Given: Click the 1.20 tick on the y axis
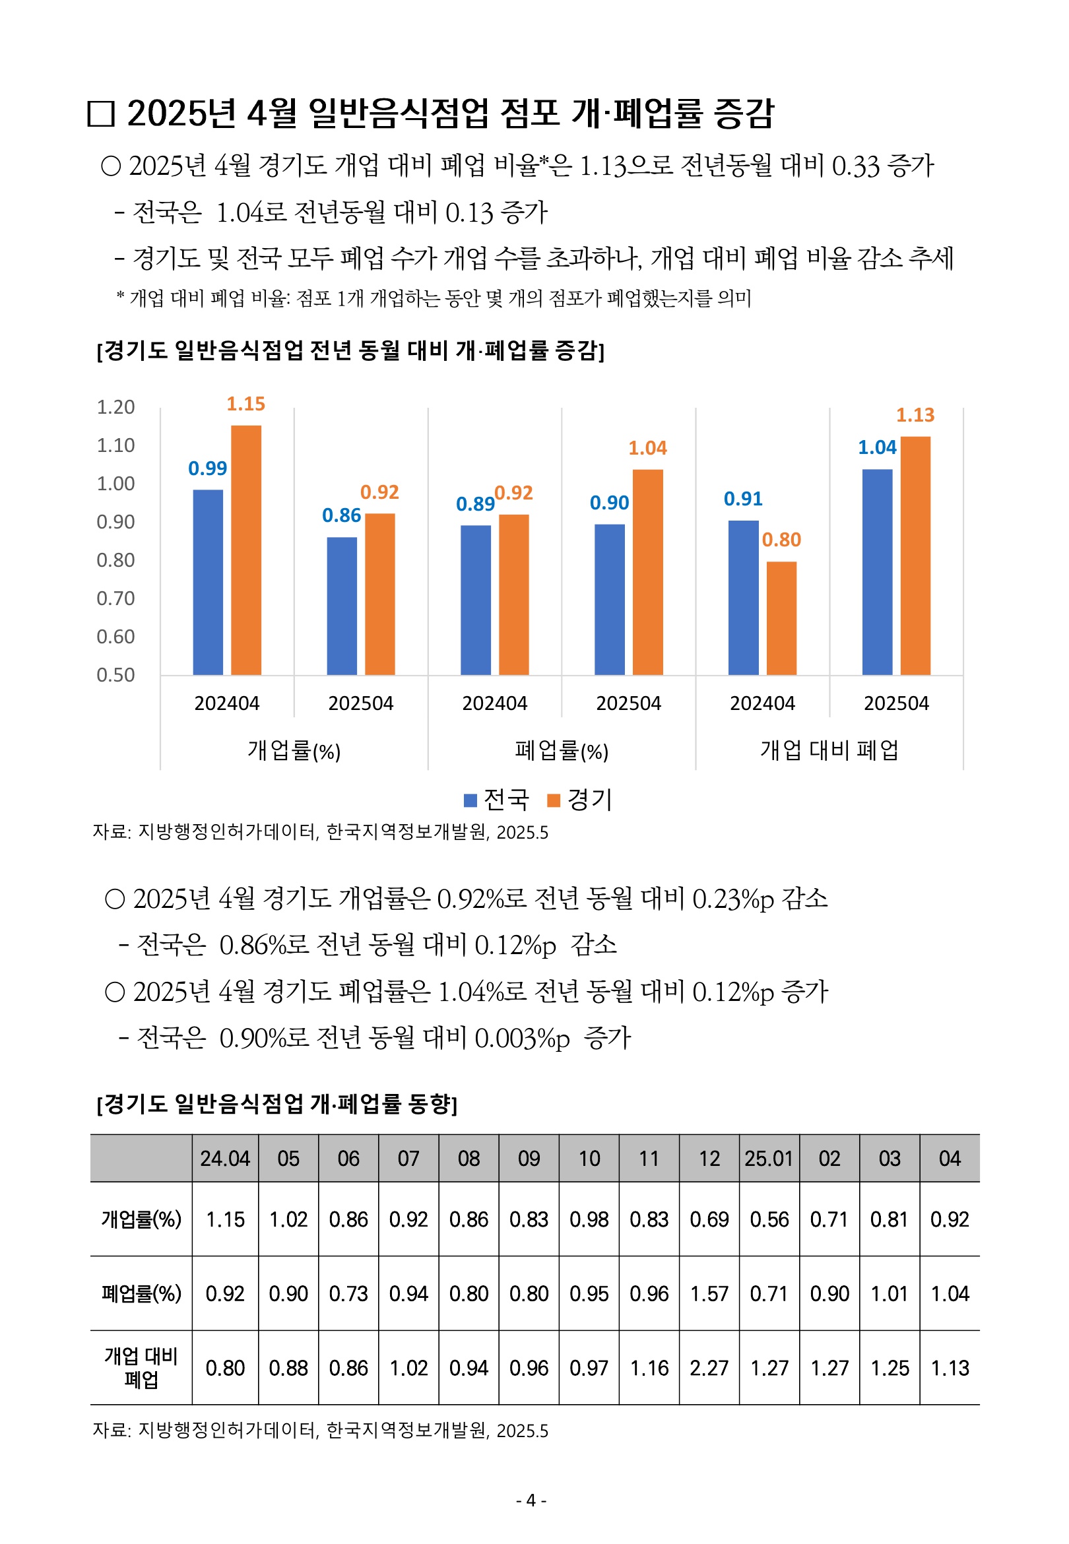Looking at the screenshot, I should click(x=116, y=407).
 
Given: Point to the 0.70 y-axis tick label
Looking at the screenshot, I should click(x=116, y=598).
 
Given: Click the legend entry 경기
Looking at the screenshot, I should click(x=579, y=800).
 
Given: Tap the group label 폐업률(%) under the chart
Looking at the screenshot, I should click(x=562, y=751).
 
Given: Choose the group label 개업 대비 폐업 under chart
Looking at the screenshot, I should click(x=829, y=750).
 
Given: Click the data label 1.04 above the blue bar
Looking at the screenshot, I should click(x=877, y=447).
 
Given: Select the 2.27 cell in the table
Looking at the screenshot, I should click(x=709, y=1368).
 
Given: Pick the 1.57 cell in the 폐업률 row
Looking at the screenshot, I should click(x=709, y=1293).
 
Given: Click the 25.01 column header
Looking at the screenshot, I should click(x=769, y=1159).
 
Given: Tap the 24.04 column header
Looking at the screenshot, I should click(x=224, y=1159).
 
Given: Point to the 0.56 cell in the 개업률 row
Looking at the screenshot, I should click(x=769, y=1219).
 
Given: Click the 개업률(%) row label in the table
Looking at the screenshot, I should click(x=141, y=1219).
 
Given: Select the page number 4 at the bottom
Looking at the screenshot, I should click(x=531, y=1500).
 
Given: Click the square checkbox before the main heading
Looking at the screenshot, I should click(x=101, y=114).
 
